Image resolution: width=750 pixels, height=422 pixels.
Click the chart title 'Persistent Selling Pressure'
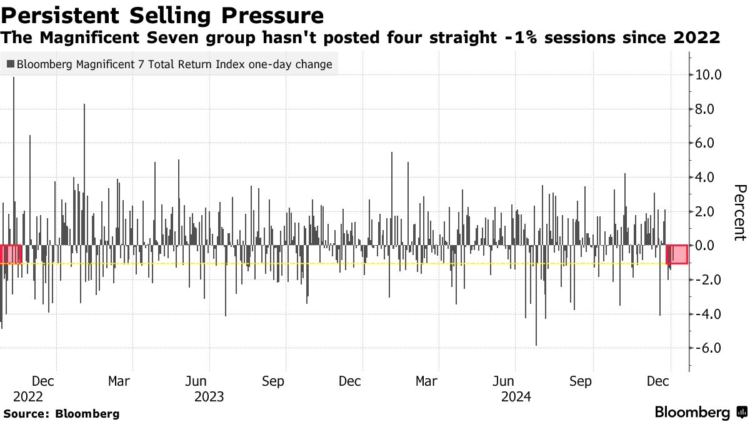pyautogui.click(x=163, y=14)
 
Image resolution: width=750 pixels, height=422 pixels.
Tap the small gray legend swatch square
pyautogui.click(x=11, y=64)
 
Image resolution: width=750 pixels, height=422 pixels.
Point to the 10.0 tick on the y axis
pyautogui.click(x=708, y=75)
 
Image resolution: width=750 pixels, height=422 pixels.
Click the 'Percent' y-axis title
pyautogui.click(x=740, y=213)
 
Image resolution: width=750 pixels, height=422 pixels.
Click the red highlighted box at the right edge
pyautogui.click(x=677, y=254)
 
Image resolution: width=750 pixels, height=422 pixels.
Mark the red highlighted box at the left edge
pyautogui.click(x=11, y=254)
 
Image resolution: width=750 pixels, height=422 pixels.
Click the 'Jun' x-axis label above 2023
pyautogui.click(x=196, y=381)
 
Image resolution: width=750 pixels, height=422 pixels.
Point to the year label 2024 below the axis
pyautogui.click(x=516, y=396)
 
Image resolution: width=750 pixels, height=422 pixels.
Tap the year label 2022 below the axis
pyautogui.click(x=28, y=396)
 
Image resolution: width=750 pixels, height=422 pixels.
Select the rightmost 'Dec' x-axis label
pyautogui.click(x=657, y=381)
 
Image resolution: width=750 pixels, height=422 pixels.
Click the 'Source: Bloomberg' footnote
pyautogui.click(x=61, y=413)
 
